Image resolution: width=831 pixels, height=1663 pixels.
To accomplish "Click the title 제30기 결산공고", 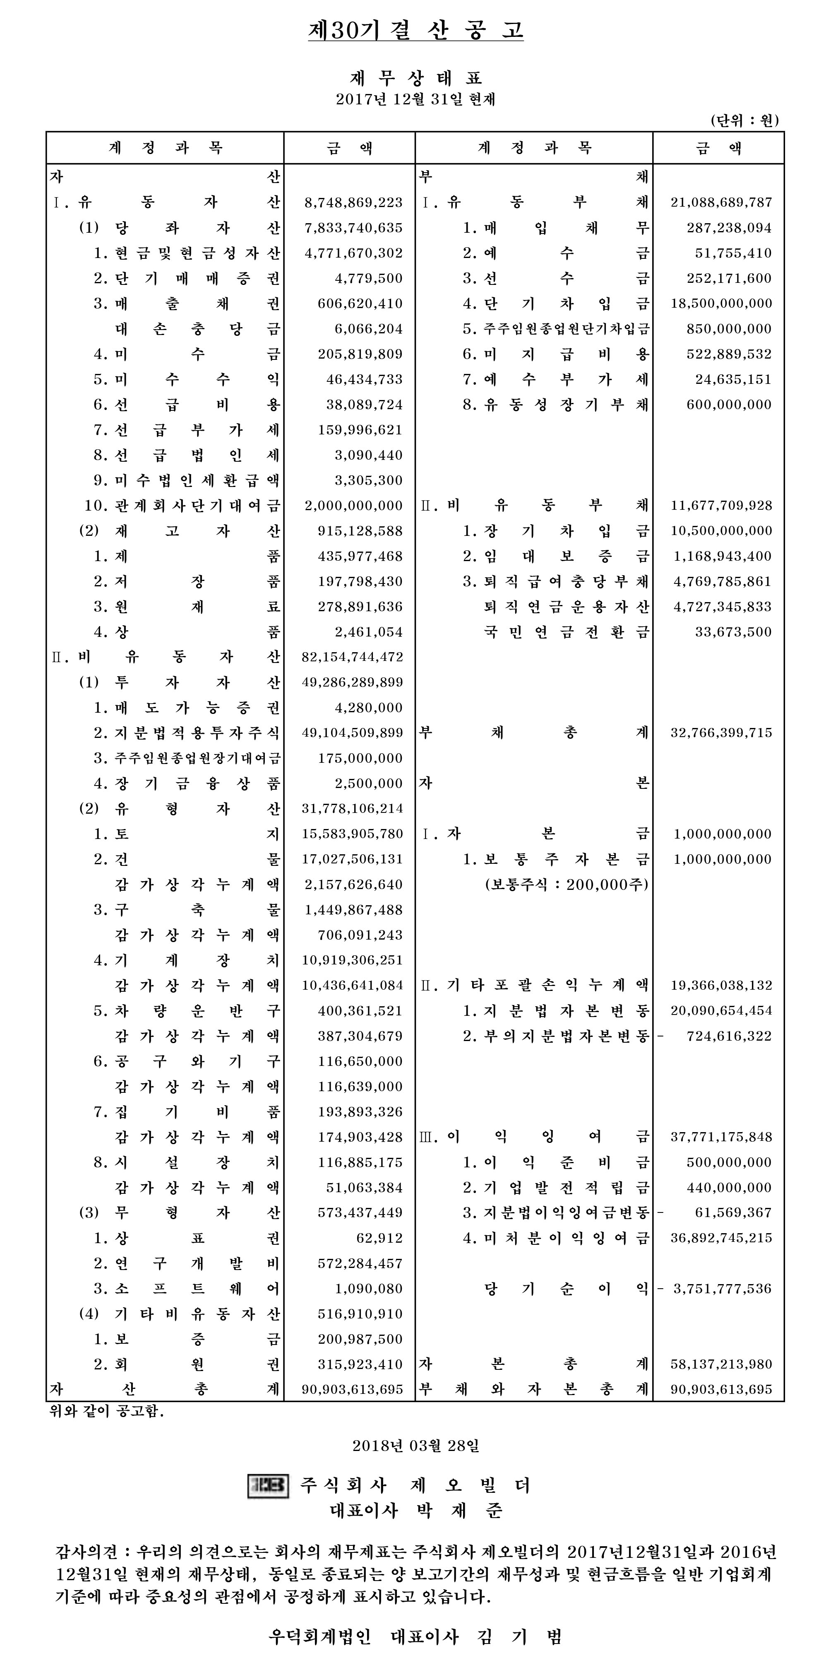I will (x=415, y=30).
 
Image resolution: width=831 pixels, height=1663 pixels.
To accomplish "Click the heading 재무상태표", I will (x=415, y=79).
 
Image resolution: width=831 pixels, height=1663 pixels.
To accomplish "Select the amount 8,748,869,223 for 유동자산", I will (x=353, y=202).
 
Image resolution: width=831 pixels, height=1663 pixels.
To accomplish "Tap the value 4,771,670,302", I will (x=353, y=253).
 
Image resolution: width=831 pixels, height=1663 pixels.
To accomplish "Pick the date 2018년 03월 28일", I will (x=415, y=1445).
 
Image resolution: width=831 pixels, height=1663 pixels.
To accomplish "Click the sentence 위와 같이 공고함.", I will (x=107, y=1411).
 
